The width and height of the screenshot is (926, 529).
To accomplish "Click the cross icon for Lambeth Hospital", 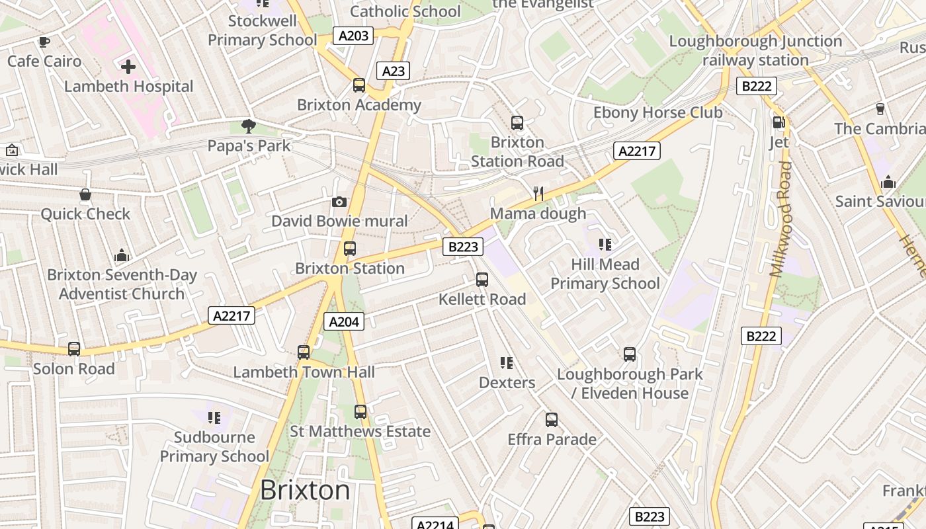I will point(128,66).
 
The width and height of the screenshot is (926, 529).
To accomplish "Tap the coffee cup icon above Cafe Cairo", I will point(44,42).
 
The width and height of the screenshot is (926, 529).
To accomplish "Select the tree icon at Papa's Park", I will point(249,126).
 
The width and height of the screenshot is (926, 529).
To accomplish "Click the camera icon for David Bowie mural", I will point(339,202).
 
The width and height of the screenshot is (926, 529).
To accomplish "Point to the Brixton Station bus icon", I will point(350,249).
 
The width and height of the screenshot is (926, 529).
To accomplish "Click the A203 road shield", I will point(353,36).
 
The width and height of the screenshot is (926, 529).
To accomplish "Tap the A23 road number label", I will point(393,71).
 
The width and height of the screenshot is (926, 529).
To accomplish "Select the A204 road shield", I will point(344,322).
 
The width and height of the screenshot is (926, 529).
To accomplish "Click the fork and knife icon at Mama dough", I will point(538,194).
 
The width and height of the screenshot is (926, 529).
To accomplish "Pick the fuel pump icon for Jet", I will point(779,122).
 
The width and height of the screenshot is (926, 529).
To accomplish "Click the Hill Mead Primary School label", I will point(605,274).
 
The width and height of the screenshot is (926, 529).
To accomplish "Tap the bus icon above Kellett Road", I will point(482,280).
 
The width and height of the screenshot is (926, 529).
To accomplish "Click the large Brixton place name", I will point(305,490).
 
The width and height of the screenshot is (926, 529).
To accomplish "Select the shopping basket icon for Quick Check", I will point(85,194).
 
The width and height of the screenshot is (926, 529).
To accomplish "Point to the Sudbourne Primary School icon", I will point(214,417).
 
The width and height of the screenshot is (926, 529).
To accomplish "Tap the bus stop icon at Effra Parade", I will point(552,420).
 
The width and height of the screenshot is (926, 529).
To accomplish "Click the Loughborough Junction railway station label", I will point(755,50).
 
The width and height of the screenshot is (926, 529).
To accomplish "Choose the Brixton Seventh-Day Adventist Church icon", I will point(122,255).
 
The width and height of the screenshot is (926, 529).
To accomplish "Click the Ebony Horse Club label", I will point(657,112).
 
